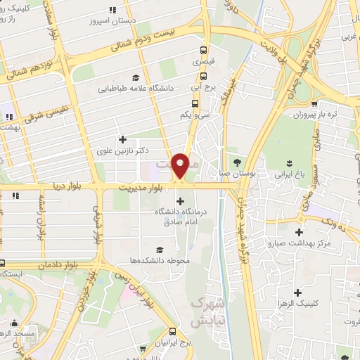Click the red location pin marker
pyautogui.click(x=181, y=165)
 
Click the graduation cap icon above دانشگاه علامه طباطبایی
pyautogui.click(x=136, y=77)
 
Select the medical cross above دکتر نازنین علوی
pyautogui.click(x=123, y=139)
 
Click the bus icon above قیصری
pyautogui.click(x=203, y=50)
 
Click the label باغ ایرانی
pyautogui.click(x=285, y=172)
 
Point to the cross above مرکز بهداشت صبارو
pyautogui.click(x=300, y=231)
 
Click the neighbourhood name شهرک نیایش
pyautogui.click(x=208, y=311)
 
